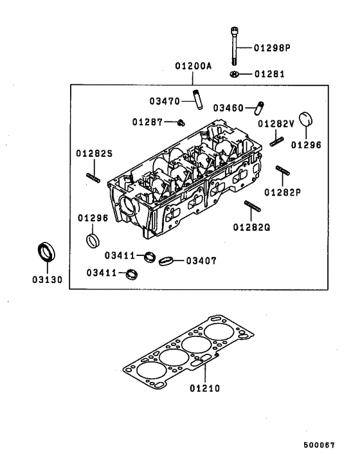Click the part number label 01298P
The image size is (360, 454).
point(272,48)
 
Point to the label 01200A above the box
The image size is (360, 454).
point(192,66)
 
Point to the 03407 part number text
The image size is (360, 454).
point(201,260)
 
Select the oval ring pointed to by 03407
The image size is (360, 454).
point(166,260)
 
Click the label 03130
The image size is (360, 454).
point(47,280)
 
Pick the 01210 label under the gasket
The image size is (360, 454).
point(204,389)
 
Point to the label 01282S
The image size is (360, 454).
point(94,153)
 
